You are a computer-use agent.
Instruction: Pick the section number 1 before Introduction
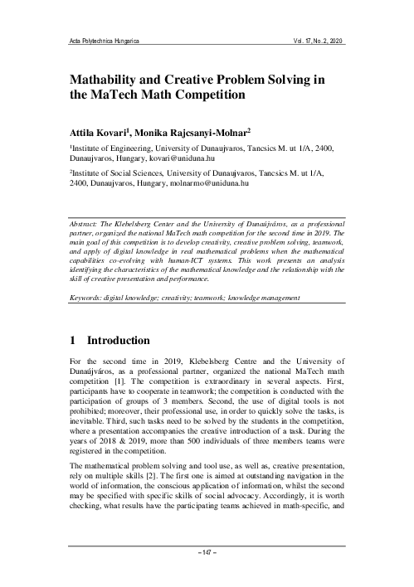73,341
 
